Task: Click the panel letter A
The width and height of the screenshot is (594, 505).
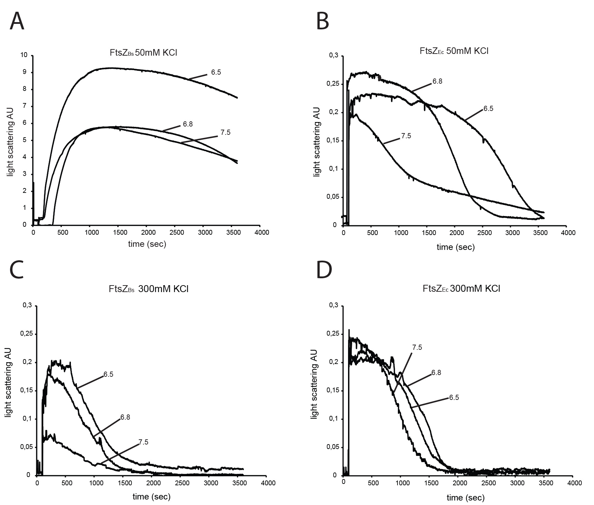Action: pos(17,21)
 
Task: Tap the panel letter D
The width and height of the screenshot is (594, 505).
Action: pos(324,271)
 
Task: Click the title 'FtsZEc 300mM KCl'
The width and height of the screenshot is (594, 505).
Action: pos(461,289)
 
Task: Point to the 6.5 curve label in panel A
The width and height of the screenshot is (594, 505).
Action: pos(216,73)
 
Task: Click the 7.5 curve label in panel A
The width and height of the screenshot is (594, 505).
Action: pos(225,132)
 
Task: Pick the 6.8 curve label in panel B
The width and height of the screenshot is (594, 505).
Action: pos(437,82)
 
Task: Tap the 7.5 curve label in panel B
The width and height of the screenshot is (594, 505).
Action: pos(406,136)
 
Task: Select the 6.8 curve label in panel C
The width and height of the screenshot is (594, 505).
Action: pos(125,417)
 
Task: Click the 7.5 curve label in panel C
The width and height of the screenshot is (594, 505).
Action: pos(143,442)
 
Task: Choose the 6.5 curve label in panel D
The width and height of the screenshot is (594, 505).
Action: pos(454,398)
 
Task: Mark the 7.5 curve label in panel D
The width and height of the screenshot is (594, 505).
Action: pos(417,347)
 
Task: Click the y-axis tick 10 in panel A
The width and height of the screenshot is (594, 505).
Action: pos(24,55)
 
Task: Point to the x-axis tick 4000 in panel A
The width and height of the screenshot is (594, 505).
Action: pos(262,232)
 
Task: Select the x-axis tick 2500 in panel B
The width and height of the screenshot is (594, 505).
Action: pos(484,233)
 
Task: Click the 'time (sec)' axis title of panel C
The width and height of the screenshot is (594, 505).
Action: pos(152,497)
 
